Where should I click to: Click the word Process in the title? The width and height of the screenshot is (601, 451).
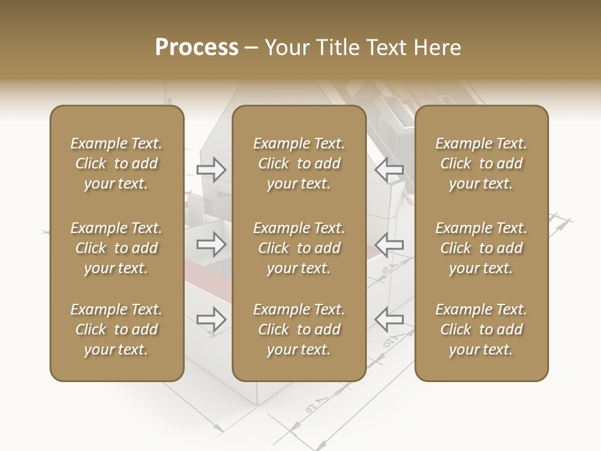[x=197, y=48]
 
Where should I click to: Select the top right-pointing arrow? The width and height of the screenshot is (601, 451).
[x=212, y=169]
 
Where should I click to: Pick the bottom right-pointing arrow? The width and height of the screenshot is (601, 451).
[x=212, y=319]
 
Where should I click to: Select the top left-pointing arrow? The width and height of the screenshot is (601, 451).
[x=389, y=169]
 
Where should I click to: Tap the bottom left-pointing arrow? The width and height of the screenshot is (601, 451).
[x=389, y=319]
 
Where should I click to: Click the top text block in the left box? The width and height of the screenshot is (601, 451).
[x=116, y=163]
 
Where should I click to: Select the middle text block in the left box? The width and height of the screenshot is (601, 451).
[x=116, y=248]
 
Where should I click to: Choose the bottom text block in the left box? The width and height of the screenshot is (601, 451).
[x=116, y=329]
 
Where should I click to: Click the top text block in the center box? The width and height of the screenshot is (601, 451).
[x=299, y=163]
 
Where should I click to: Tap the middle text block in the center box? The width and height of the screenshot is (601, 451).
[x=299, y=248]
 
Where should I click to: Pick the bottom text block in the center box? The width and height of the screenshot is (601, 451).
[x=299, y=329]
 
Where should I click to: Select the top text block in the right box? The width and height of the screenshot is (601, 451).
[x=481, y=163]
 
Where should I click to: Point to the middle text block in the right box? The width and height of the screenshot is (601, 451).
[x=481, y=248]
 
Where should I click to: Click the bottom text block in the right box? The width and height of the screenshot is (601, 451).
[x=481, y=329]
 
